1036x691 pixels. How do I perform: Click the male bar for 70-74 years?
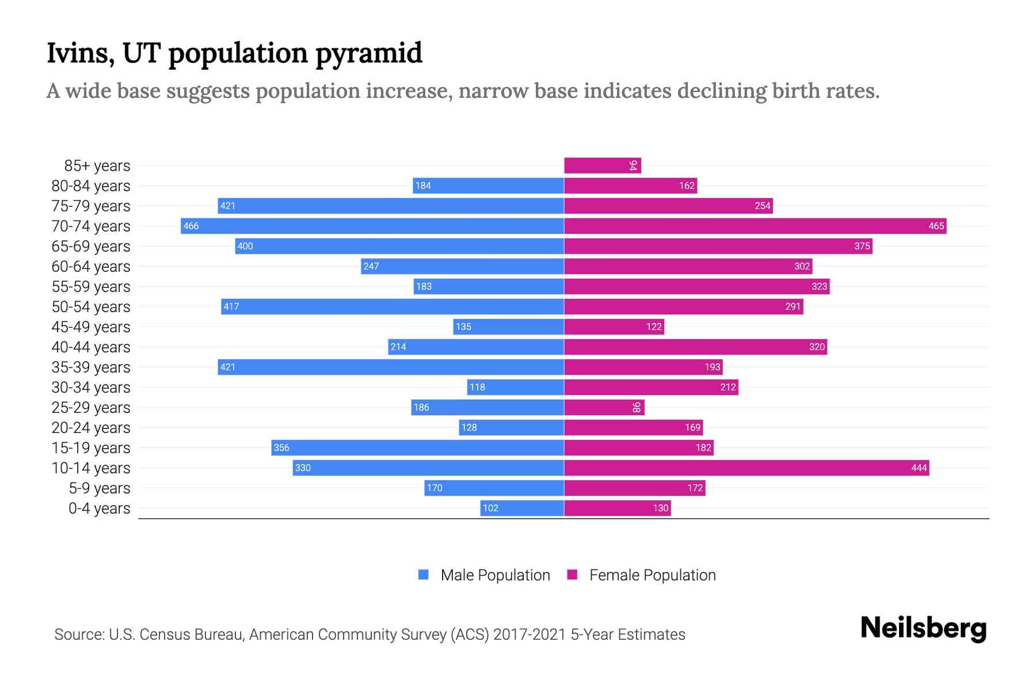[x=372, y=226]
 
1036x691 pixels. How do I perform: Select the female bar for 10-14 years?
[x=746, y=468]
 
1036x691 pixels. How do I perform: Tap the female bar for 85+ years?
[x=602, y=166]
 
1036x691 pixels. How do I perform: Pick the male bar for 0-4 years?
[x=522, y=508]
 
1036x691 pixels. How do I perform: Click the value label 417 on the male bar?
[x=231, y=306]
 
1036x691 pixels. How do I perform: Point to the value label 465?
[x=936, y=226]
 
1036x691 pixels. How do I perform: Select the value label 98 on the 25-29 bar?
[x=637, y=408]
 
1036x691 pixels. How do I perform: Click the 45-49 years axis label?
[x=91, y=327]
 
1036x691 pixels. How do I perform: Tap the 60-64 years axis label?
[x=91, y=267]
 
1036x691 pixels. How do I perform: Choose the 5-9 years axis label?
[x=100, y=488]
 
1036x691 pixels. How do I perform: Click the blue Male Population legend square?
[x=424, y=575]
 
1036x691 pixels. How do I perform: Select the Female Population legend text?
[x=652, y=575]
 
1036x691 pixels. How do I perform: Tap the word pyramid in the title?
[x=368, y=54]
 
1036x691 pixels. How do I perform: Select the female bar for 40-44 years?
[x=695, y=347]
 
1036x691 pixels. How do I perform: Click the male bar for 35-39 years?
[x=390, y=367]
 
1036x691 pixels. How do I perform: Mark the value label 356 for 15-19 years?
[x=281, y=447]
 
